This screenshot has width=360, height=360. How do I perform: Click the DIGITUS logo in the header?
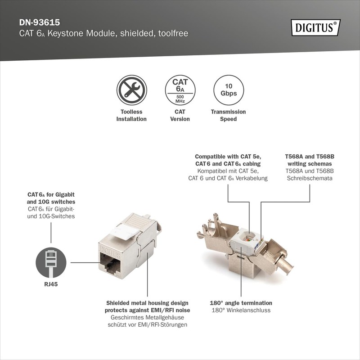pos(315,28)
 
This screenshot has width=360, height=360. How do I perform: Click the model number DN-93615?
pos(40,22)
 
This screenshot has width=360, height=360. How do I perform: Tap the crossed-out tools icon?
pos(131,90)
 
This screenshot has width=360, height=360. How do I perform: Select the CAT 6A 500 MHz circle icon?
pos(180,90)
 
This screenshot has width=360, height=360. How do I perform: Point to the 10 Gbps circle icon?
pos(229,90)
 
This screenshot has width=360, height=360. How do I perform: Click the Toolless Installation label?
pos(131,115)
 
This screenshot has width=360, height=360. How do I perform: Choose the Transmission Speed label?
pos(229,115)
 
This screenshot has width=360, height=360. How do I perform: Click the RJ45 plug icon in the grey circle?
pos(51,262)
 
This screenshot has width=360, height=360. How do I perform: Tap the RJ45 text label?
pos(51,284)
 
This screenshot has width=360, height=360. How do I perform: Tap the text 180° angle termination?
pos(241,303)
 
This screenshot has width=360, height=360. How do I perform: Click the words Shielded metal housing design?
pos(147,303)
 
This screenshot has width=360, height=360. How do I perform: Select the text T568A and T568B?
pos(310,157)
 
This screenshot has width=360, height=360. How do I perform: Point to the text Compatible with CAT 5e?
pos(228,157)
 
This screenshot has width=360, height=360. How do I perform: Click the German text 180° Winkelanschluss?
pos(241,310)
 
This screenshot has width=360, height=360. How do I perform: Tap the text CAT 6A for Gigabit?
pos(51,194)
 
